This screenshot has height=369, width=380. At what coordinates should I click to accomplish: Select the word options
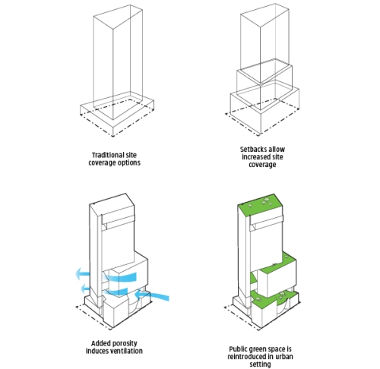pyautogui.click(x=129, y=162)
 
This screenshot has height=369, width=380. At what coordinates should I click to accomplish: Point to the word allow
pyautogui.click(x=277, y=149)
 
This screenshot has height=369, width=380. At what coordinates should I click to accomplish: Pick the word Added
pyautogui.click(x=100, y=343)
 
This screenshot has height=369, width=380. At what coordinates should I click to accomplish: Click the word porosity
pyautogui.click(x=125, y=344)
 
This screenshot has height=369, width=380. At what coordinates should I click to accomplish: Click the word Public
pyautogui.click(x=238, y=349)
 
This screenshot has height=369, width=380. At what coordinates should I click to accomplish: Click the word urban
pyautogui.click(x=283, y=357)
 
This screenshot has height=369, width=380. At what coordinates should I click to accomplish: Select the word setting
pyautogui.click(x=260, y=364)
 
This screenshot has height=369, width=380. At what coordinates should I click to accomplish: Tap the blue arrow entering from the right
pyautogui.click(x=151, y=295)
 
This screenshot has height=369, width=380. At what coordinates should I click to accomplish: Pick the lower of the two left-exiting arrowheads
pyautogui.click(x=84, y=289)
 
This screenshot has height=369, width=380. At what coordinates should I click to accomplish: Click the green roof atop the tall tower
pyautogui.click(x=260, y=204)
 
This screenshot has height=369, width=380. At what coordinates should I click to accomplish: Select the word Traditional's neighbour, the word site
pyautogui.click(x=131, y=155)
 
